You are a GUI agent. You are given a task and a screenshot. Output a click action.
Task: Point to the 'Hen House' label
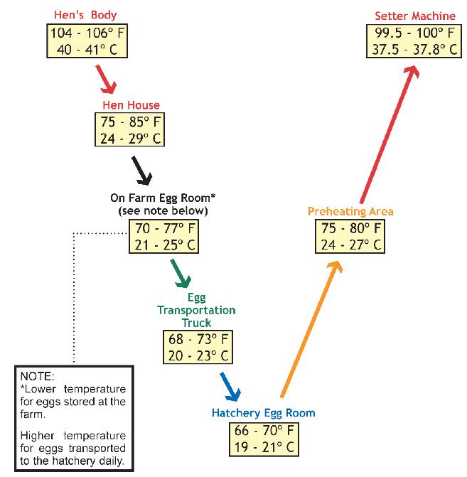131,105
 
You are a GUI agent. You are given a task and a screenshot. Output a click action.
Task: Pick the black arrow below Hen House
142,169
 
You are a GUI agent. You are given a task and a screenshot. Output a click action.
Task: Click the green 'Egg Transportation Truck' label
196,311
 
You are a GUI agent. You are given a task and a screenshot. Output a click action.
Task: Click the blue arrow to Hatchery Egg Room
231,387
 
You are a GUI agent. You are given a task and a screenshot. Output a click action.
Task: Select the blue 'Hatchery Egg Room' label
263,413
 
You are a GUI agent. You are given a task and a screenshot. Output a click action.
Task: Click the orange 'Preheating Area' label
350,211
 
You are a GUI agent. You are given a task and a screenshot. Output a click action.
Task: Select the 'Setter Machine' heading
415,16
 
